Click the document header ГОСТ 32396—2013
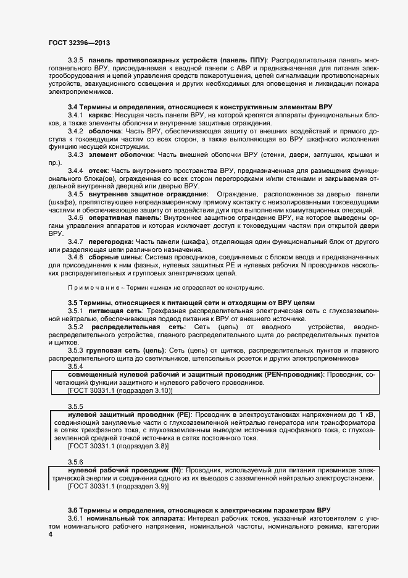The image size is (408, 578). tap(79, 43)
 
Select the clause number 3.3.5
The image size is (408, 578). tap(77, 59)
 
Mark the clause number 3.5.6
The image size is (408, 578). tap(75, 462)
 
